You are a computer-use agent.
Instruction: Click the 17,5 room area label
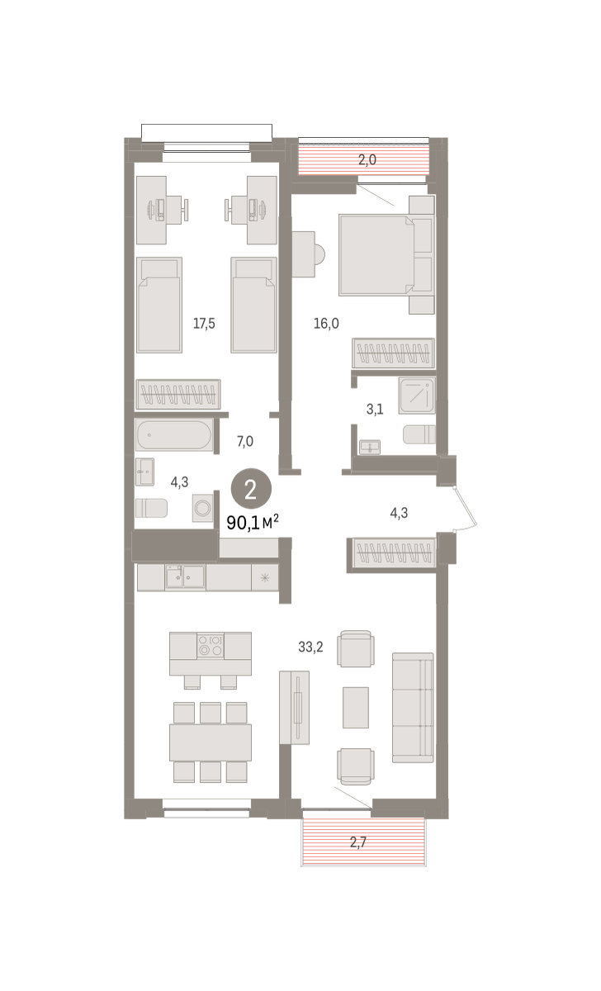click(204, 324)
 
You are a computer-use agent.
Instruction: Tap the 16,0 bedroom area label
click(326, 324)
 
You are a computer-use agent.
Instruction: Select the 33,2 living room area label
click(310, 647)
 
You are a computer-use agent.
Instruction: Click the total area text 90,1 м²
click(253, 523)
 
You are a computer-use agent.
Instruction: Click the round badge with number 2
click(251, 488)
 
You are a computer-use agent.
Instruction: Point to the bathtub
click(174, 435)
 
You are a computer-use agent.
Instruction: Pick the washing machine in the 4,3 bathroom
click(203, 507)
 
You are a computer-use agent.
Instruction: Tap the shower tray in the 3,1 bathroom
click(417, 396)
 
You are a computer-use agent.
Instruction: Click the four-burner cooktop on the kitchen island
click(210, 646)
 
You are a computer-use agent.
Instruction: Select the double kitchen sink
click(185, 577)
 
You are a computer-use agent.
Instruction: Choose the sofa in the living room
click(413, 708)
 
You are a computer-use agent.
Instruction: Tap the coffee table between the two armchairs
click(356, 708)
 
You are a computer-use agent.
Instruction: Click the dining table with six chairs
click(210, 742)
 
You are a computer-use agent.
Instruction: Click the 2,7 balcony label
click(358, 842)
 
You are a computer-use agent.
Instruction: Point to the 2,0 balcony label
click(367, 159)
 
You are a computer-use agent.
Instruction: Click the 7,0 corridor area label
click(245, 441)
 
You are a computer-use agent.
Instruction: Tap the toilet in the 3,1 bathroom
click(419, 434)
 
